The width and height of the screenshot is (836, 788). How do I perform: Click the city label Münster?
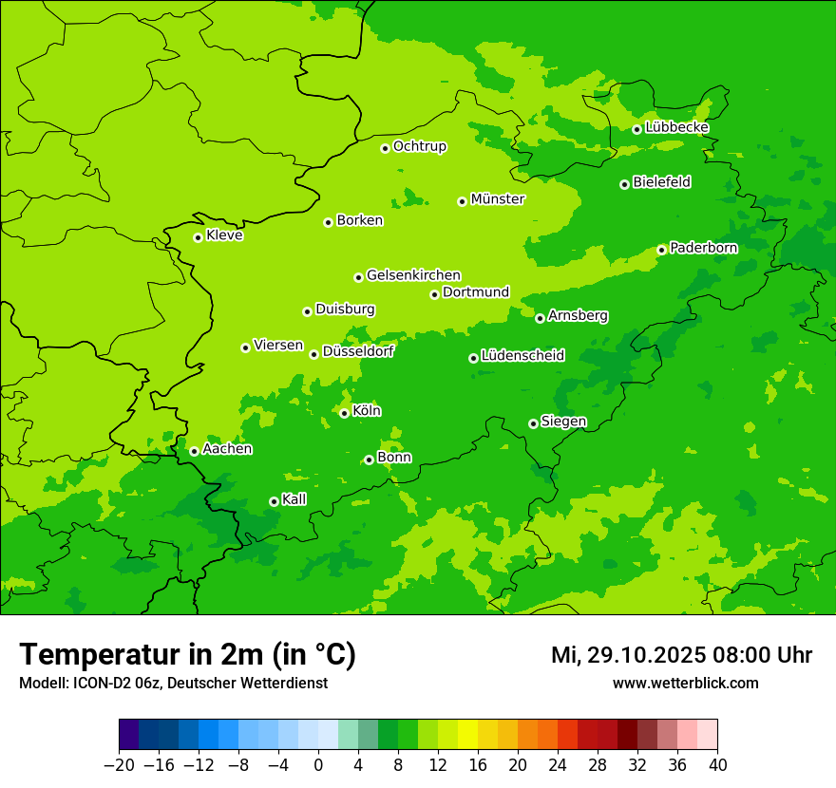pyautogui.click(x=498, y=199)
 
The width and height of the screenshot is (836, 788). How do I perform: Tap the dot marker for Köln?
pyautogui.click(x=344, y=413)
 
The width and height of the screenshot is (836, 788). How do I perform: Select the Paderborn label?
pyautogui.click(x=703, y=248)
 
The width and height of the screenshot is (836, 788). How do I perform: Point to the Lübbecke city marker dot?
pyautogui.click(x=636, y=129)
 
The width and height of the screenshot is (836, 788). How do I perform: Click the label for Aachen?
pyautogui.click(x=227, y=449)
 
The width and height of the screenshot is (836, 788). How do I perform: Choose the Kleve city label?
pyautogui.click(x=224, y=235)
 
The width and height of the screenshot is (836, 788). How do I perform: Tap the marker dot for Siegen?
pyautogui.click(x=533, y=423)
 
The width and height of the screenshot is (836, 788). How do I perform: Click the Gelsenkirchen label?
pyautogui.click(x=413, y=275)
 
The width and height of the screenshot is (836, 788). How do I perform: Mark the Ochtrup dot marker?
pyautogui.click(x=385, y=148)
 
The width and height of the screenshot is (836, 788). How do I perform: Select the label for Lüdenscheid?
pyautogui.click(x=522, y=356)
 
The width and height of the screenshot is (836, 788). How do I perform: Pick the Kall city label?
pyautogui.click(x=294, y=499)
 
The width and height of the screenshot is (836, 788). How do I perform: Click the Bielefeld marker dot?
pyautogui.click(x=624, y=184)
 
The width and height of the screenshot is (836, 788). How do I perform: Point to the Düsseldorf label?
pyautogui.click(x=358, y=351)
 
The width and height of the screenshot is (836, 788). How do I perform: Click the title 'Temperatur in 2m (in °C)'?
pyautogui.click(x=187, y=654)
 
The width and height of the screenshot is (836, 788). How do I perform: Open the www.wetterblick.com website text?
pyautogui.click(x=685, y=683)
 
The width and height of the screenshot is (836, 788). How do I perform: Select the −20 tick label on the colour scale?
pyautogui.click(x=119, y=765)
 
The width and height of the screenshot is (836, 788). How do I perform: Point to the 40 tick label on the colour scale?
pyautogui.click(x=717, y=765)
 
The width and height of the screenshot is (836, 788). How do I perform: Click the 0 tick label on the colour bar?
pyautogui.click(x=318, y=765)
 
